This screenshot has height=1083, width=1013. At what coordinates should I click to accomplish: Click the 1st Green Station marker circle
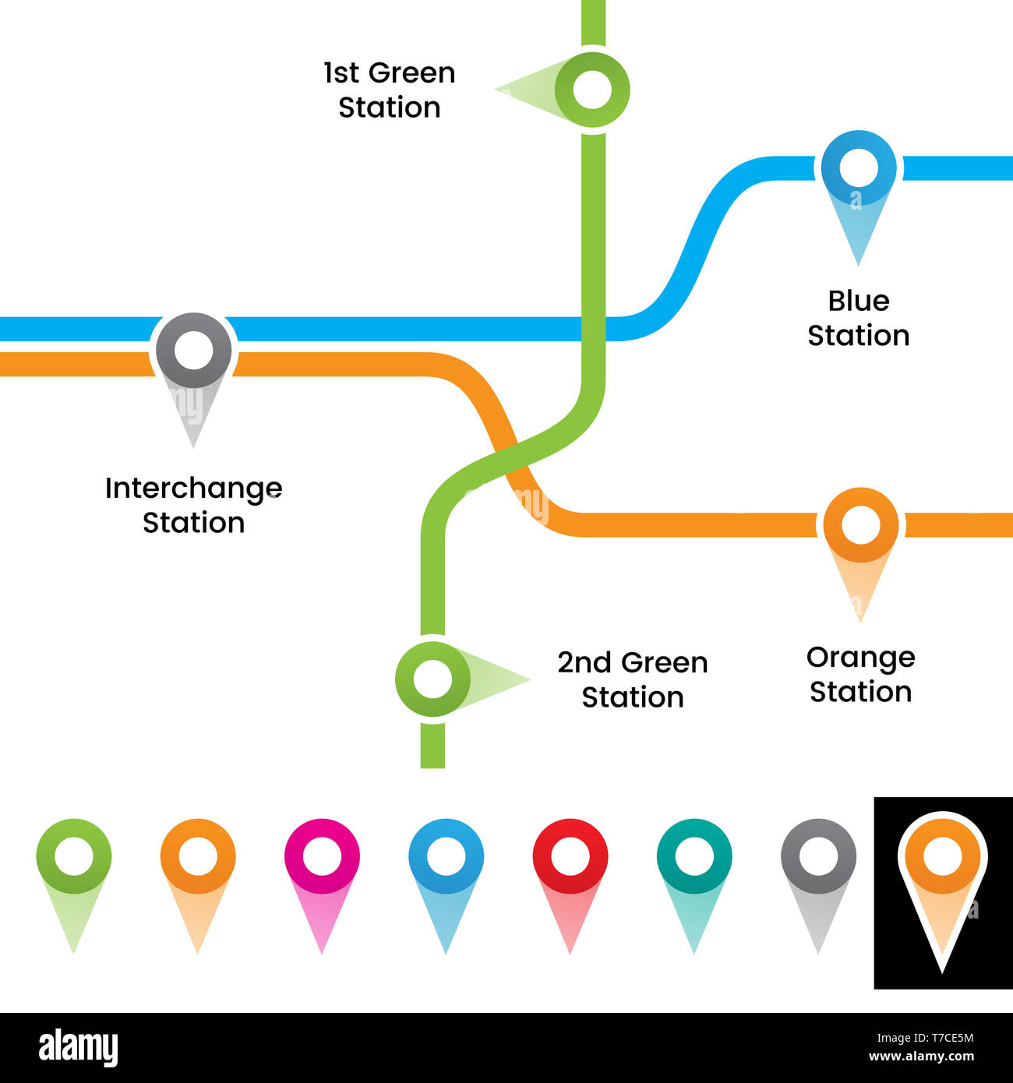point(592,90)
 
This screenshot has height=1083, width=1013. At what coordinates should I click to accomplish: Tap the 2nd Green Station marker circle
point(432,679)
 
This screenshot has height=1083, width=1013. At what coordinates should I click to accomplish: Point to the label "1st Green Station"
point(389,90)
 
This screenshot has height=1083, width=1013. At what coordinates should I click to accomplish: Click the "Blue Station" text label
point(858,318)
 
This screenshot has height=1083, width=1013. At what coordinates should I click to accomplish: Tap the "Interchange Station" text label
point(193,505)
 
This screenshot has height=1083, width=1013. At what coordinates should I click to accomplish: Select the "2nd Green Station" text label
point(632,679)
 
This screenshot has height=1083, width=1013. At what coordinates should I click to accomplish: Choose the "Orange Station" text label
point(860,674)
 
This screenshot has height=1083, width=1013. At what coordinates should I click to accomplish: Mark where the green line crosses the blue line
point(593,329)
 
